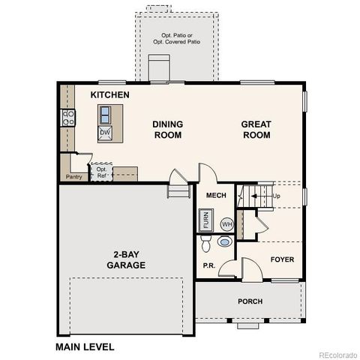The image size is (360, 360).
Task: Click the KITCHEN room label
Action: pos(110,95)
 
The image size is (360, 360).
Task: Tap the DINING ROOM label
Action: pos(168,130)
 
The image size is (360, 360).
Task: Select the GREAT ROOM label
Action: pos(256,130)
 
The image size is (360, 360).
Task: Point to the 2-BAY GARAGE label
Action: pos(125,259)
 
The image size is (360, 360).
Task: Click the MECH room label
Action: pos(216,196)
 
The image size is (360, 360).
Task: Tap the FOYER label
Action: pos(283,259)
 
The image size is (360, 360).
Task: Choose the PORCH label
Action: pos(250,302)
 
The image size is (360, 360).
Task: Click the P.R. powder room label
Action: pos(209,265)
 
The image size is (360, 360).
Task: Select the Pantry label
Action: pos(73,177)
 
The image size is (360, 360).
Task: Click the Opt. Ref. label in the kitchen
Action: pos(102,172)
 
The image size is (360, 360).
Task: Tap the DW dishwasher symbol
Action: pos(105,131)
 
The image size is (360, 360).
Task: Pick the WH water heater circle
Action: pos(226,223)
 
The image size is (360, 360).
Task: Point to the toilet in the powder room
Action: pos(223,242)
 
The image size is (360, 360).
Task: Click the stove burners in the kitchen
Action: pos(67,118)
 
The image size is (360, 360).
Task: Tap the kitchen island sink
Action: pos(105,115)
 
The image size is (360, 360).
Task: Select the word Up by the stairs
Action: pos(276,196)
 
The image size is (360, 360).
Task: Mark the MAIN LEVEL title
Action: pos(85,346)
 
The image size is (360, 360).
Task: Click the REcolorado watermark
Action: pos(337,354)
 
